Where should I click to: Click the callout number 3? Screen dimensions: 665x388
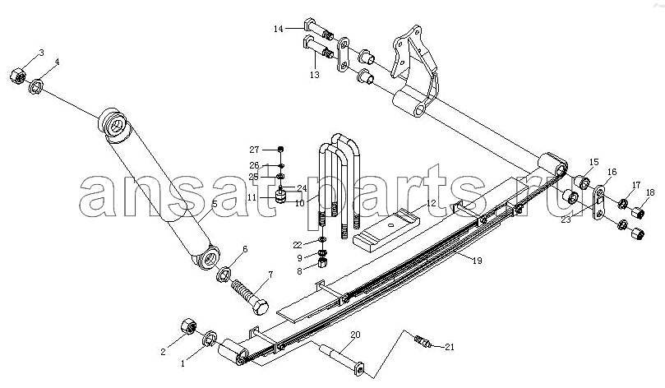pos(41,53)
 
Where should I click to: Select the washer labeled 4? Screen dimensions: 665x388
pos(36,86)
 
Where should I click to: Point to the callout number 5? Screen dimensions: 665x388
pos(215,204)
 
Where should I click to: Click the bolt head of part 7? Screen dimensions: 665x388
pos(260,307)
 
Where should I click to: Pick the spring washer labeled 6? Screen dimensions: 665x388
pos(224,274)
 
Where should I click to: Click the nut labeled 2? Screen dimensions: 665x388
pos(188,326)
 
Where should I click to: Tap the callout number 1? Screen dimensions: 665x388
pos(182,363)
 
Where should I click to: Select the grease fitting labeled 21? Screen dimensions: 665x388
pos(422,340)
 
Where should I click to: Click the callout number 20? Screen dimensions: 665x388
pos(355,335)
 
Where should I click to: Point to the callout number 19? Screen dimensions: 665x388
pos(477,260)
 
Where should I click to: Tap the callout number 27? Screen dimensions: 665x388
pos(254,150)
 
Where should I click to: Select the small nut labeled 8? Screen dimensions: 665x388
pos(322,265)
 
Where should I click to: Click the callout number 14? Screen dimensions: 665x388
pos(278,29)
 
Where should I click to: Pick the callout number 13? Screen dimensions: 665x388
pos(314,75)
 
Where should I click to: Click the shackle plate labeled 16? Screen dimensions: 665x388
pos(598,203)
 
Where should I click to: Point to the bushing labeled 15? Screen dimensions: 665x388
pos(583,182)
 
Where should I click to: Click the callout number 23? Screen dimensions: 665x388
pos(566,219)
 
